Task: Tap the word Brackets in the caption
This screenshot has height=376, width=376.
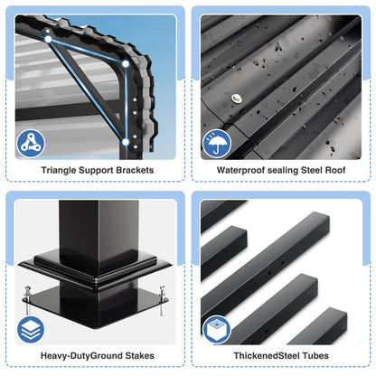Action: tap(133, 169)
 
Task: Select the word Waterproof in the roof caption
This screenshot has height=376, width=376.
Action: tap(239, 169)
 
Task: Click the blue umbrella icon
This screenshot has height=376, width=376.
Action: tap(217, 143)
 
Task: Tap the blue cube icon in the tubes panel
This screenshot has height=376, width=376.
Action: tap(217, 328)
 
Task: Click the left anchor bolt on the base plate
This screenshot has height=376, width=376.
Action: tap(28, 298)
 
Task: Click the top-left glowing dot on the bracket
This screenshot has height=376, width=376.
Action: tap(45, 37)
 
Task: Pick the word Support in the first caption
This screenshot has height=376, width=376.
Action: tap(96, 169)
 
